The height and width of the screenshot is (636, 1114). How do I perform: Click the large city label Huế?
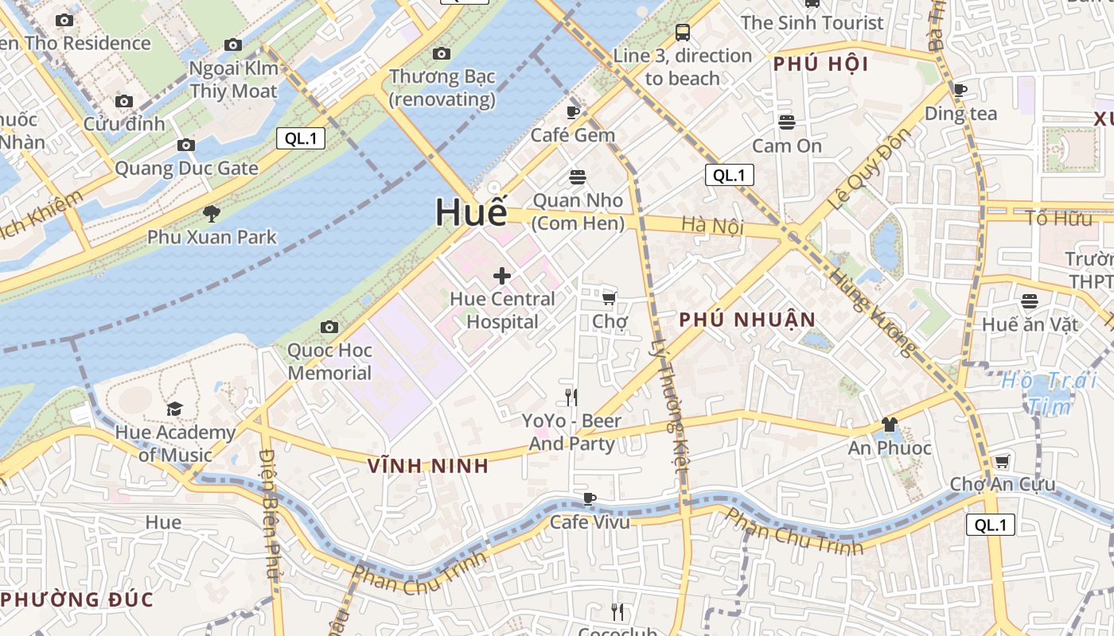click(x=471, y=212)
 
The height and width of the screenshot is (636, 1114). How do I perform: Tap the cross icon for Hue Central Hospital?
click(x=502, y=276)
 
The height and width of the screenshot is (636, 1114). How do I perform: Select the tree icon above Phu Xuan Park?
click(x=212, y=213)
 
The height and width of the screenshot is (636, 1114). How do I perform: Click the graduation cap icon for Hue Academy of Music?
click(x=174, y=409)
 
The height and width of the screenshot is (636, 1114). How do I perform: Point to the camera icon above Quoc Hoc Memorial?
click(x=329, y=327)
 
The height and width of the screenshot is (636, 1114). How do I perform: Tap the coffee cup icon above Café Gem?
click(x=573, y=112)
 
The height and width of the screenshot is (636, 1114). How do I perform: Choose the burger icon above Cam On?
click(x=787, y=122)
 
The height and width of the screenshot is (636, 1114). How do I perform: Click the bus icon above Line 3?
click(x=682, y=33)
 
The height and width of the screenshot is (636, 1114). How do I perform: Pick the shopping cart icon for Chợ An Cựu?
click(x=1003, y=461)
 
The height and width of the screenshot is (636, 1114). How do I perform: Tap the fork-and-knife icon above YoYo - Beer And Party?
click(x=571, y=397)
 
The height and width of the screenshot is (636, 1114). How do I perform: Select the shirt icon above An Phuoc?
click(x=889, y=425)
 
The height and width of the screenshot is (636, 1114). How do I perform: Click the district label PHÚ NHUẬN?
click(x=747, y=320)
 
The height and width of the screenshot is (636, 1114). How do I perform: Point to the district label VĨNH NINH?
click(x=428, y=467)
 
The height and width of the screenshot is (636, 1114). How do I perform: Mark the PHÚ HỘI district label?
click(x=820, y=64)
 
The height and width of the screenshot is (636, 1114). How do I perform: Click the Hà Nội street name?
click(x=712, y=226)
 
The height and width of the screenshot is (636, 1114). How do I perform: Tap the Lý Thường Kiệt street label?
click(x=669, y=406)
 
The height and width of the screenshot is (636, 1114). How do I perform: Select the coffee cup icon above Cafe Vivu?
click(x=590, y=498)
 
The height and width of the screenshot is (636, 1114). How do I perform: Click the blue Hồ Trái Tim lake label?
click(x=1050, y=393)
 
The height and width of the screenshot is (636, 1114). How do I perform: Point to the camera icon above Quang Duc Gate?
click(x=186, y=145)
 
